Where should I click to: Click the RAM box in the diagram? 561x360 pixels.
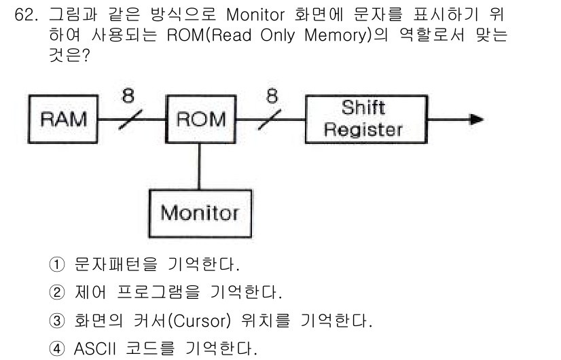pos(62,120)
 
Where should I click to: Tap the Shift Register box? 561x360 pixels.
pos(363,119)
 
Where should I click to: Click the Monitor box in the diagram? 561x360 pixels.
pos(199,213)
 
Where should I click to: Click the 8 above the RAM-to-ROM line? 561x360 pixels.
pos(128,96)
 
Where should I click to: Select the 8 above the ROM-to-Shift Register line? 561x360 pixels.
pos(272,96)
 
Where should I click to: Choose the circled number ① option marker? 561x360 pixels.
pos(58,264)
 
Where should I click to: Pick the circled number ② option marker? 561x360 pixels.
pos(58,293)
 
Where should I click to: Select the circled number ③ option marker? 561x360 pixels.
pos(58,322)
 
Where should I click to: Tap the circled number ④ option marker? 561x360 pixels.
pos(58,350)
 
